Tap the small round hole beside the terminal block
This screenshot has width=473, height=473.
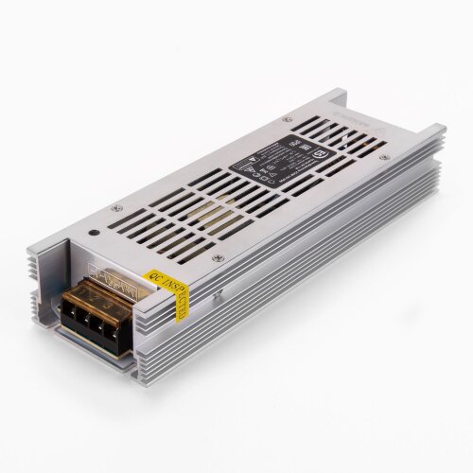93,230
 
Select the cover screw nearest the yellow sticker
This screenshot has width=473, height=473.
217,257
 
